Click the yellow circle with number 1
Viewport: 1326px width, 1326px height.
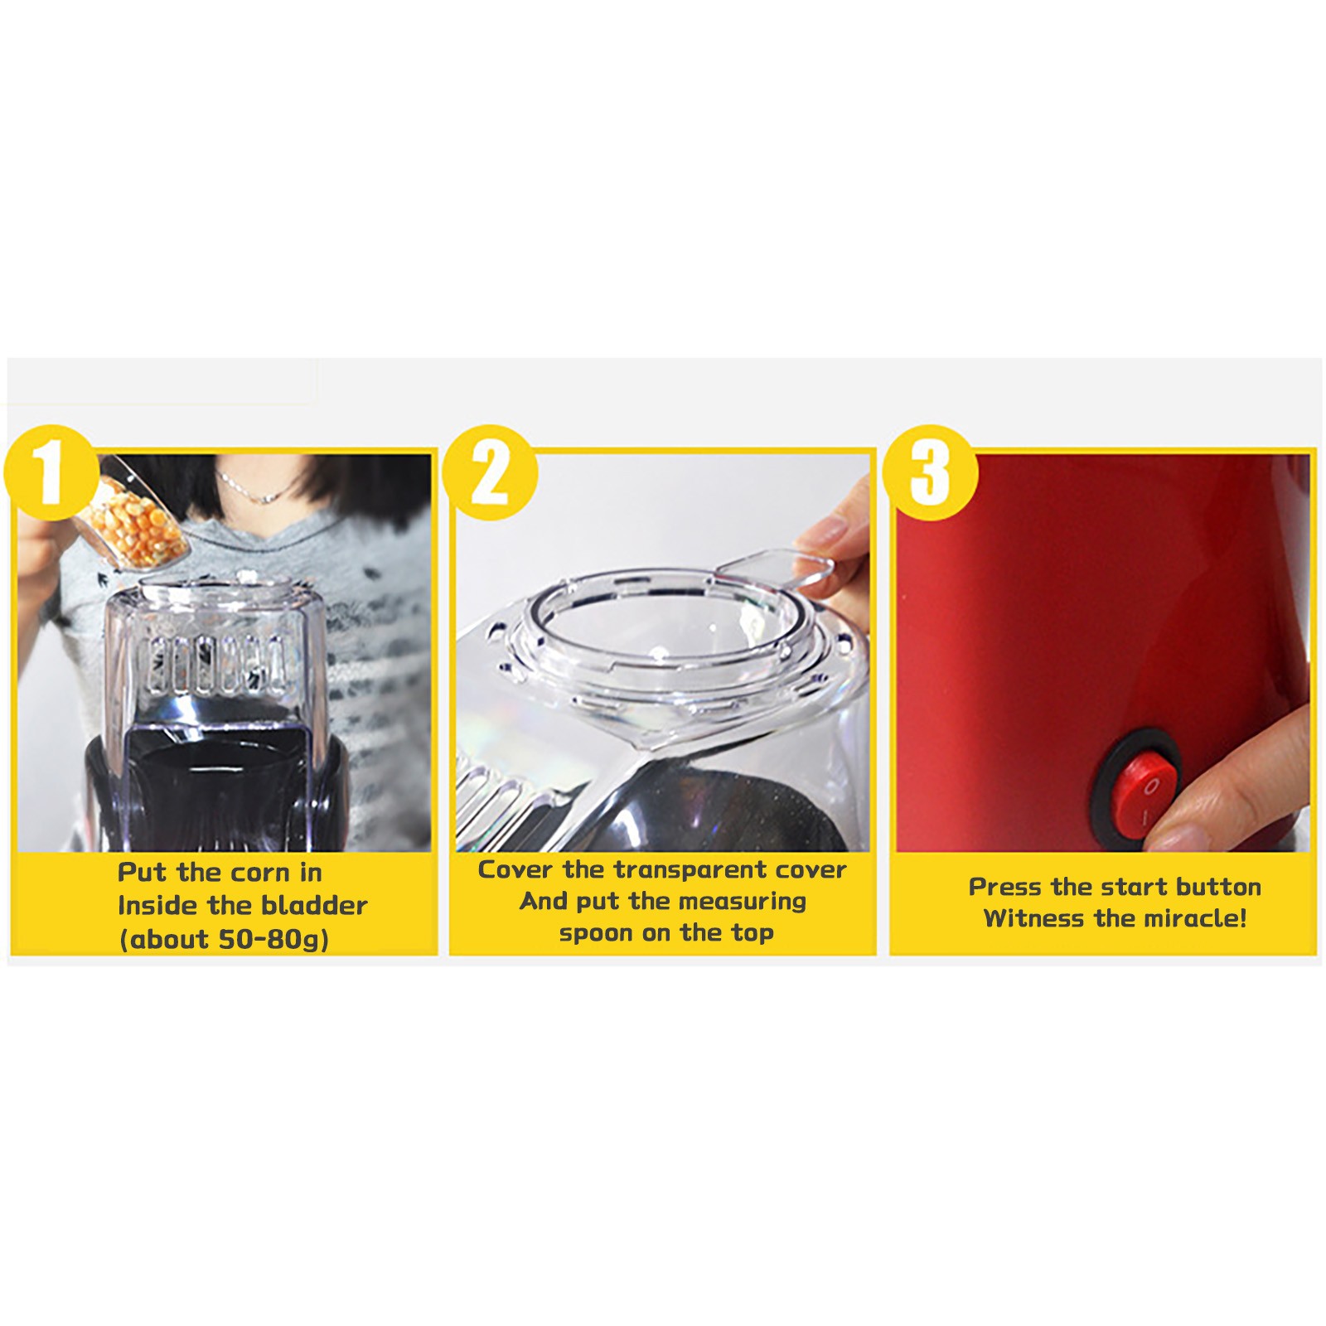point(52,472)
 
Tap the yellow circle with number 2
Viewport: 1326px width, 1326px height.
point(490,472)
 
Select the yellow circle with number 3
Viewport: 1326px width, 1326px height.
point(930,472)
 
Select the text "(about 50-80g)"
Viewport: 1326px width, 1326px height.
point(224,940)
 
